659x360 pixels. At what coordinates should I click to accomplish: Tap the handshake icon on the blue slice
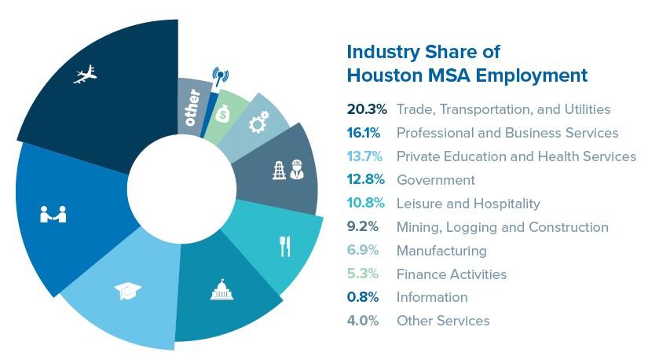point(53,213)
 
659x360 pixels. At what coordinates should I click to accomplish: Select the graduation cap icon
point(128,292)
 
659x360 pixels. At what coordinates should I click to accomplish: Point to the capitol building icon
point(218,291)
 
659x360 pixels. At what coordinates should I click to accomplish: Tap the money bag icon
point(224,114)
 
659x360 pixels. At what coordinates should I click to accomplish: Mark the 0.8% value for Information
point(364,297)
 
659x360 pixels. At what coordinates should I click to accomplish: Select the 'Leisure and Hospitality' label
point(468,204)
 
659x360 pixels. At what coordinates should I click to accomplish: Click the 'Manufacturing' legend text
point(441,251)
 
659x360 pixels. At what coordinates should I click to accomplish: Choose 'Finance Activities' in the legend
point(451,274)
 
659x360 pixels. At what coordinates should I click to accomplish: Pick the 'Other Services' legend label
point(443,321)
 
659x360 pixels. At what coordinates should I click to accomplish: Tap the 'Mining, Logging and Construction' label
point(502,227)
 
